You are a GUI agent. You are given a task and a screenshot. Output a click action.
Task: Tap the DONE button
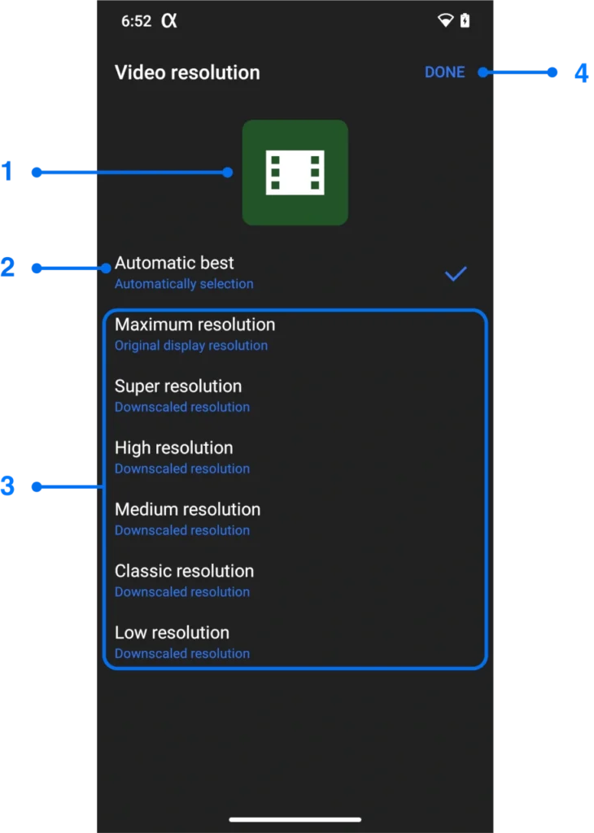pos(444,72)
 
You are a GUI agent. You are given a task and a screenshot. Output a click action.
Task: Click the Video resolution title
pos(187,72)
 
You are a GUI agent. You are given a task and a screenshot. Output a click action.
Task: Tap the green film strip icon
pos(295,172)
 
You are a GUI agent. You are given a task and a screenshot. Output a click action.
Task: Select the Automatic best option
pos(174,264)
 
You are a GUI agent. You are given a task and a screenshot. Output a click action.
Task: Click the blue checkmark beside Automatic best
pos(456,274)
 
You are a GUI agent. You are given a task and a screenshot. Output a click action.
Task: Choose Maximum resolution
pos(194,325)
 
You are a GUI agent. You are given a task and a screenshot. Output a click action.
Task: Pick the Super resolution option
pos(178,386)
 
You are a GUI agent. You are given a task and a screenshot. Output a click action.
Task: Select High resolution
pos(173,448)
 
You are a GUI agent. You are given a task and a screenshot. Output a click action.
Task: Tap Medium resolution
pos(187,510)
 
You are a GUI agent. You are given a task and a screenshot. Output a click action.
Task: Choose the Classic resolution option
pos(184,571)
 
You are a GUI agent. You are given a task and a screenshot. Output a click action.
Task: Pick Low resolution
pos(172,633)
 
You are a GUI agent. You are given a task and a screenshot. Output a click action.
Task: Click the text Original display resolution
pos(191,346)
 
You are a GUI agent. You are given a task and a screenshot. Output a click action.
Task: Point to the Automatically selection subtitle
pos(184,284)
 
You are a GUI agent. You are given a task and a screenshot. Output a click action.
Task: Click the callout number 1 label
pos(7,171)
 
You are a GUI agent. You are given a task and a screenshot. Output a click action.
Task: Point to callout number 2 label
pos(7,267)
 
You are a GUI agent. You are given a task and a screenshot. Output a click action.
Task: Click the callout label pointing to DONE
pos(581,72)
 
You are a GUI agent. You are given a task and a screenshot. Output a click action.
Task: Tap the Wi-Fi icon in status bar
pos(445,21)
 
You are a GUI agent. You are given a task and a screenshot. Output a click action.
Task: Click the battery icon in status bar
pos(465,21)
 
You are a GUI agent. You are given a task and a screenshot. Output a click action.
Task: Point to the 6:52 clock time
pos(136,22)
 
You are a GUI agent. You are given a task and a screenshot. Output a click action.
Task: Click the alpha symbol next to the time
pos(168,21)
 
